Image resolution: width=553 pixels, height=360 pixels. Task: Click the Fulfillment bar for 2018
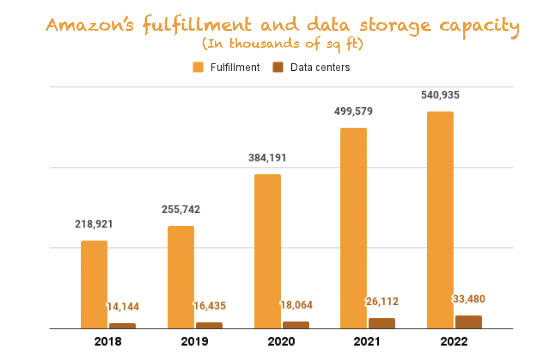(94, 284)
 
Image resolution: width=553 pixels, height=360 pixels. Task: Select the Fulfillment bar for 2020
(267, 251)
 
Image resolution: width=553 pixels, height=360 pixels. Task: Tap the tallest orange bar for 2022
(440, 220)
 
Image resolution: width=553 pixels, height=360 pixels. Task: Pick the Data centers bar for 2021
(381, 323)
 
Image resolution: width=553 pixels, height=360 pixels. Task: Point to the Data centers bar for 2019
(209, 325)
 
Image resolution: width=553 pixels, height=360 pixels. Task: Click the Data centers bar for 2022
(468, 322)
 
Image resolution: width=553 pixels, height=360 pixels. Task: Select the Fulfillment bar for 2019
(181, 277)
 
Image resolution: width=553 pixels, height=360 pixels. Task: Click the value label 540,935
(440, 95)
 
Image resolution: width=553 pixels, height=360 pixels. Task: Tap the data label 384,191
(267, 158)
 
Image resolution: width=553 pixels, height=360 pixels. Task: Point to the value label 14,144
(123, 307)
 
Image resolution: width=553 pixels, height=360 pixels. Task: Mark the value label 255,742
(181, 209)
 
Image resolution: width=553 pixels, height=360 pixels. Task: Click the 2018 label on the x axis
(108, 341)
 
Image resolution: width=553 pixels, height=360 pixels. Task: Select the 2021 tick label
(367, 341)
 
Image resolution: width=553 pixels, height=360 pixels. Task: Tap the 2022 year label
(454, 341)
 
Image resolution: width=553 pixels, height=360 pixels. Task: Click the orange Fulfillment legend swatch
(198, 67)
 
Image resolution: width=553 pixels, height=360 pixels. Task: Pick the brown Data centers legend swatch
(278, 67)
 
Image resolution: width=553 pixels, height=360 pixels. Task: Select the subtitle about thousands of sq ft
(283, 44)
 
